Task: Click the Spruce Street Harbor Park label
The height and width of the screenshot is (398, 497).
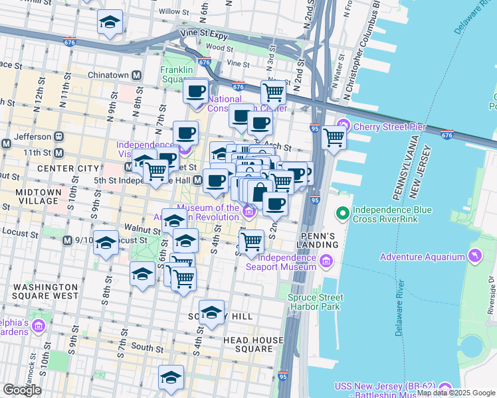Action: (315, 302)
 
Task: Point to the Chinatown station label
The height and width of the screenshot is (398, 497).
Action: (109, 75)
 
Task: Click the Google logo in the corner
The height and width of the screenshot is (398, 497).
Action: (22, 390)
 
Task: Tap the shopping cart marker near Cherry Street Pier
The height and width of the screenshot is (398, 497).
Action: (334, 137)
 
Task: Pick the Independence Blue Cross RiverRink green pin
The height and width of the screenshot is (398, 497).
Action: (342, 214)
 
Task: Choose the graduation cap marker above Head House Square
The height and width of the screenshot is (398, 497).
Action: (212, 312)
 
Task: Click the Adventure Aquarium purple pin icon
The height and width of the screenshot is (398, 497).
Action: (474, 255)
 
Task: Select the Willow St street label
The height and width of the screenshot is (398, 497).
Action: (169, 11)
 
